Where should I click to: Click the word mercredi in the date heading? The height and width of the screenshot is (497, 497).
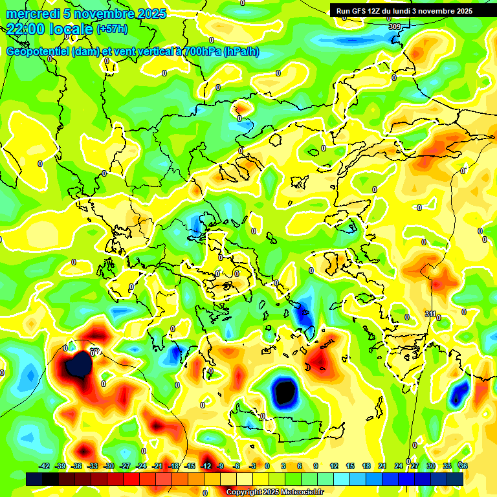point(29,14)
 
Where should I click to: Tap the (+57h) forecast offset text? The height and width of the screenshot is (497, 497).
point(112,29)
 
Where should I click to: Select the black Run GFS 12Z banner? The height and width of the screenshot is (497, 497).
point(404,11)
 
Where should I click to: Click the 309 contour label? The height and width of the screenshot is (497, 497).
point(394,27)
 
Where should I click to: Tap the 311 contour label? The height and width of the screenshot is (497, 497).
point(430,314)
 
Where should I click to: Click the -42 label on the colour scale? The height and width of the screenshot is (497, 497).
point(45,466)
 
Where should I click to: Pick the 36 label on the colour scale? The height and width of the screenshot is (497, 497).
point(463,466)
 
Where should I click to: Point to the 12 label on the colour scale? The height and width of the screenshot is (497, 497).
point(333,466)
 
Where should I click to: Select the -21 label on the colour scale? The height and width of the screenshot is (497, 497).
point(157,466)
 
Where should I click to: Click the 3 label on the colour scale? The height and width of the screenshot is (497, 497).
point(283,466)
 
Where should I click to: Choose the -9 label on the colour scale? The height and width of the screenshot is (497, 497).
point(221,466)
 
